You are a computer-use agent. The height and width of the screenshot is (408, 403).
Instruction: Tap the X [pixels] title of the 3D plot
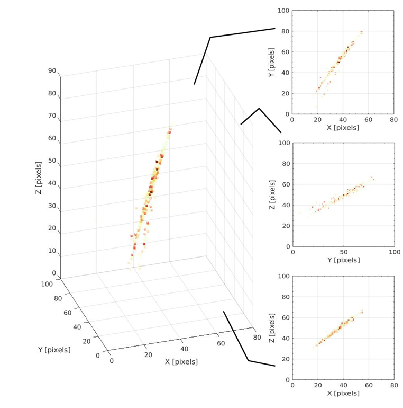tap(181, 362)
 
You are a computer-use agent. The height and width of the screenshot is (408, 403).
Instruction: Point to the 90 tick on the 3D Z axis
tap(52, 70)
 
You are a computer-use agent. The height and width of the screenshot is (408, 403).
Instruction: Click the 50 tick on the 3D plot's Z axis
tap(52, 161)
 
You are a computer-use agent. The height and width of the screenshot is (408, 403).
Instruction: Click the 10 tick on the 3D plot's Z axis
tap(52, 251)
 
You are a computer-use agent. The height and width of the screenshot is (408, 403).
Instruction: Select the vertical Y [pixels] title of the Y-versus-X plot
tap(271, 62)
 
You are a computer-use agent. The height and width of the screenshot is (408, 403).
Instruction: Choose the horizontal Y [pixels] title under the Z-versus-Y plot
tap(343, 260)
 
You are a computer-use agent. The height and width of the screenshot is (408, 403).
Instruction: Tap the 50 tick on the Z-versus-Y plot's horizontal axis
tap(343, 252)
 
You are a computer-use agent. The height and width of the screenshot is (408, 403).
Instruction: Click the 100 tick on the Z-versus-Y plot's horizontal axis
tap(393, 252)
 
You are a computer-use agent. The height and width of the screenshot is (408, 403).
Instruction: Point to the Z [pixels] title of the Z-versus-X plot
tap(271, 328)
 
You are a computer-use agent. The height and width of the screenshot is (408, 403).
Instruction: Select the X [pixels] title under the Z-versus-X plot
tap(343, 393)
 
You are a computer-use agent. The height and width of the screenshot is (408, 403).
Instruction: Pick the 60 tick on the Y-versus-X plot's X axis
tap(368, 120)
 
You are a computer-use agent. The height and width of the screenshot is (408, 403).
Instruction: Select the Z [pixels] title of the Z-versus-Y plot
tap(271, 194)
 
